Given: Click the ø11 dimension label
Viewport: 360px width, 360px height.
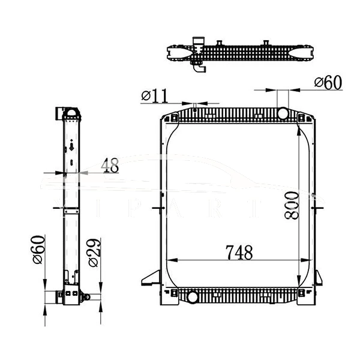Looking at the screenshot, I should (x=155, y=95).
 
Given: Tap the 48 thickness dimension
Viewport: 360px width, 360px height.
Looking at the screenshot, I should (x=110, y=165).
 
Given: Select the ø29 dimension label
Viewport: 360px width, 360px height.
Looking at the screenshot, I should (x=94, y=253).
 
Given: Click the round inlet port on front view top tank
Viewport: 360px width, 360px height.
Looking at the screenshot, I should (x=281, y=113).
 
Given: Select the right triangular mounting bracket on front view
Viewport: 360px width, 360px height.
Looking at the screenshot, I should (x=317, y=278).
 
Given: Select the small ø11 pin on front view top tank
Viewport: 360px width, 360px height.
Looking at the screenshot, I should (x=196, y=107).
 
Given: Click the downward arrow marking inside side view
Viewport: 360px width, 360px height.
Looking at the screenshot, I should (x=71, y=146).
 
